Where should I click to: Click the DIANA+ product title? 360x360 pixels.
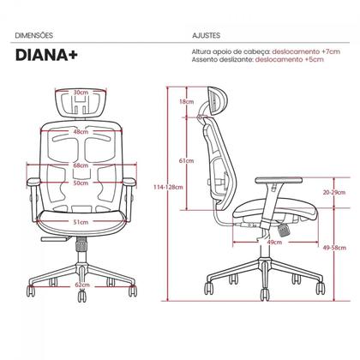pos(46,55)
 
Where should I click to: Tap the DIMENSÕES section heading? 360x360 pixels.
pos(34,35)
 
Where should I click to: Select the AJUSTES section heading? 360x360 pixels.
pos(206,35)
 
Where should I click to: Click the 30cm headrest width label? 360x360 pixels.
pos(81,93)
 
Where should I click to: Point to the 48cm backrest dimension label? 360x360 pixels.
pos(81,132)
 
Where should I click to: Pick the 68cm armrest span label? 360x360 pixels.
pos(81,165)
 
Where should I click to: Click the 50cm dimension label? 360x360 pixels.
pos(81,183)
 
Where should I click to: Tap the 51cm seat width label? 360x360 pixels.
pos(81,222)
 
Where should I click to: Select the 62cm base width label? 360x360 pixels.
pos(82,285)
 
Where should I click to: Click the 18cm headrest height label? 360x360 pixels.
pos(187,101)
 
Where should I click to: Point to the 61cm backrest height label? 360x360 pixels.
pos(187,161)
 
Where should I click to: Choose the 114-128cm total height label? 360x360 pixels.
pos(168,188)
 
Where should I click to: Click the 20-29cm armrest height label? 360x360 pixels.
pos(334,192)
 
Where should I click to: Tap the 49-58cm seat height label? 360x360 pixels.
pos(334,248)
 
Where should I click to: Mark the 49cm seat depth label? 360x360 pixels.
pos(274,243)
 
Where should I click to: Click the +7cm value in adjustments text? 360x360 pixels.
pos(331,51)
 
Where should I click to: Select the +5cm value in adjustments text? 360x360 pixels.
pos(315,59)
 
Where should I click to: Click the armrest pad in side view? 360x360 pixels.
pos(279,180)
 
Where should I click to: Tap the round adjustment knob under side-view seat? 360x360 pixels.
pos(284,231)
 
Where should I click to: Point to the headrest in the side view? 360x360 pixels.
pos(217,101)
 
